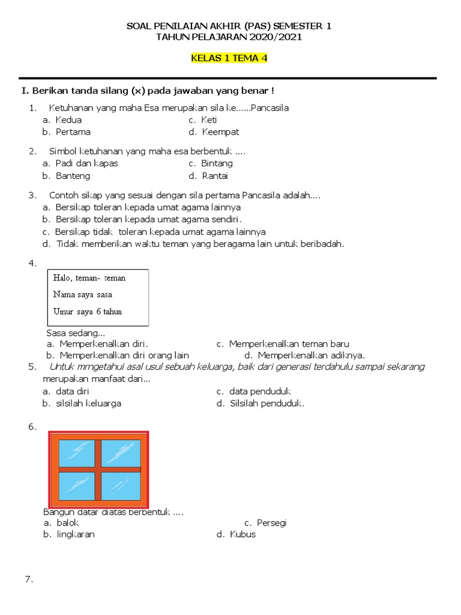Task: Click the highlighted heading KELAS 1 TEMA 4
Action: [229, 58]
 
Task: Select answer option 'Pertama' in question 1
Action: [73, 132]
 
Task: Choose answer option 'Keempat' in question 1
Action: [220, 132]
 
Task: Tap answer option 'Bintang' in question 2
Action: [217, 163]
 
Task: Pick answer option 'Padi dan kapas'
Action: [86, 163]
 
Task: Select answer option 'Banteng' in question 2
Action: [73, 176]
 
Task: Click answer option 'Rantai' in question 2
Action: [215, 176]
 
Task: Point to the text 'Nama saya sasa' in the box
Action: [82, 295]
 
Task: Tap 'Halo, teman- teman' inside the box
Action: [89, 278]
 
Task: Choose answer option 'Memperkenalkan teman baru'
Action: [289, 344]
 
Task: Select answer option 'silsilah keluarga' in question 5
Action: [88, 404]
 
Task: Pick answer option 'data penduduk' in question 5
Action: [260, 392]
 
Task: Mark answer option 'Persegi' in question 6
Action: [271, 523]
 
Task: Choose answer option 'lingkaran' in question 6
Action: [75, 535]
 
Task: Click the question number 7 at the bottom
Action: [28, 580]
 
